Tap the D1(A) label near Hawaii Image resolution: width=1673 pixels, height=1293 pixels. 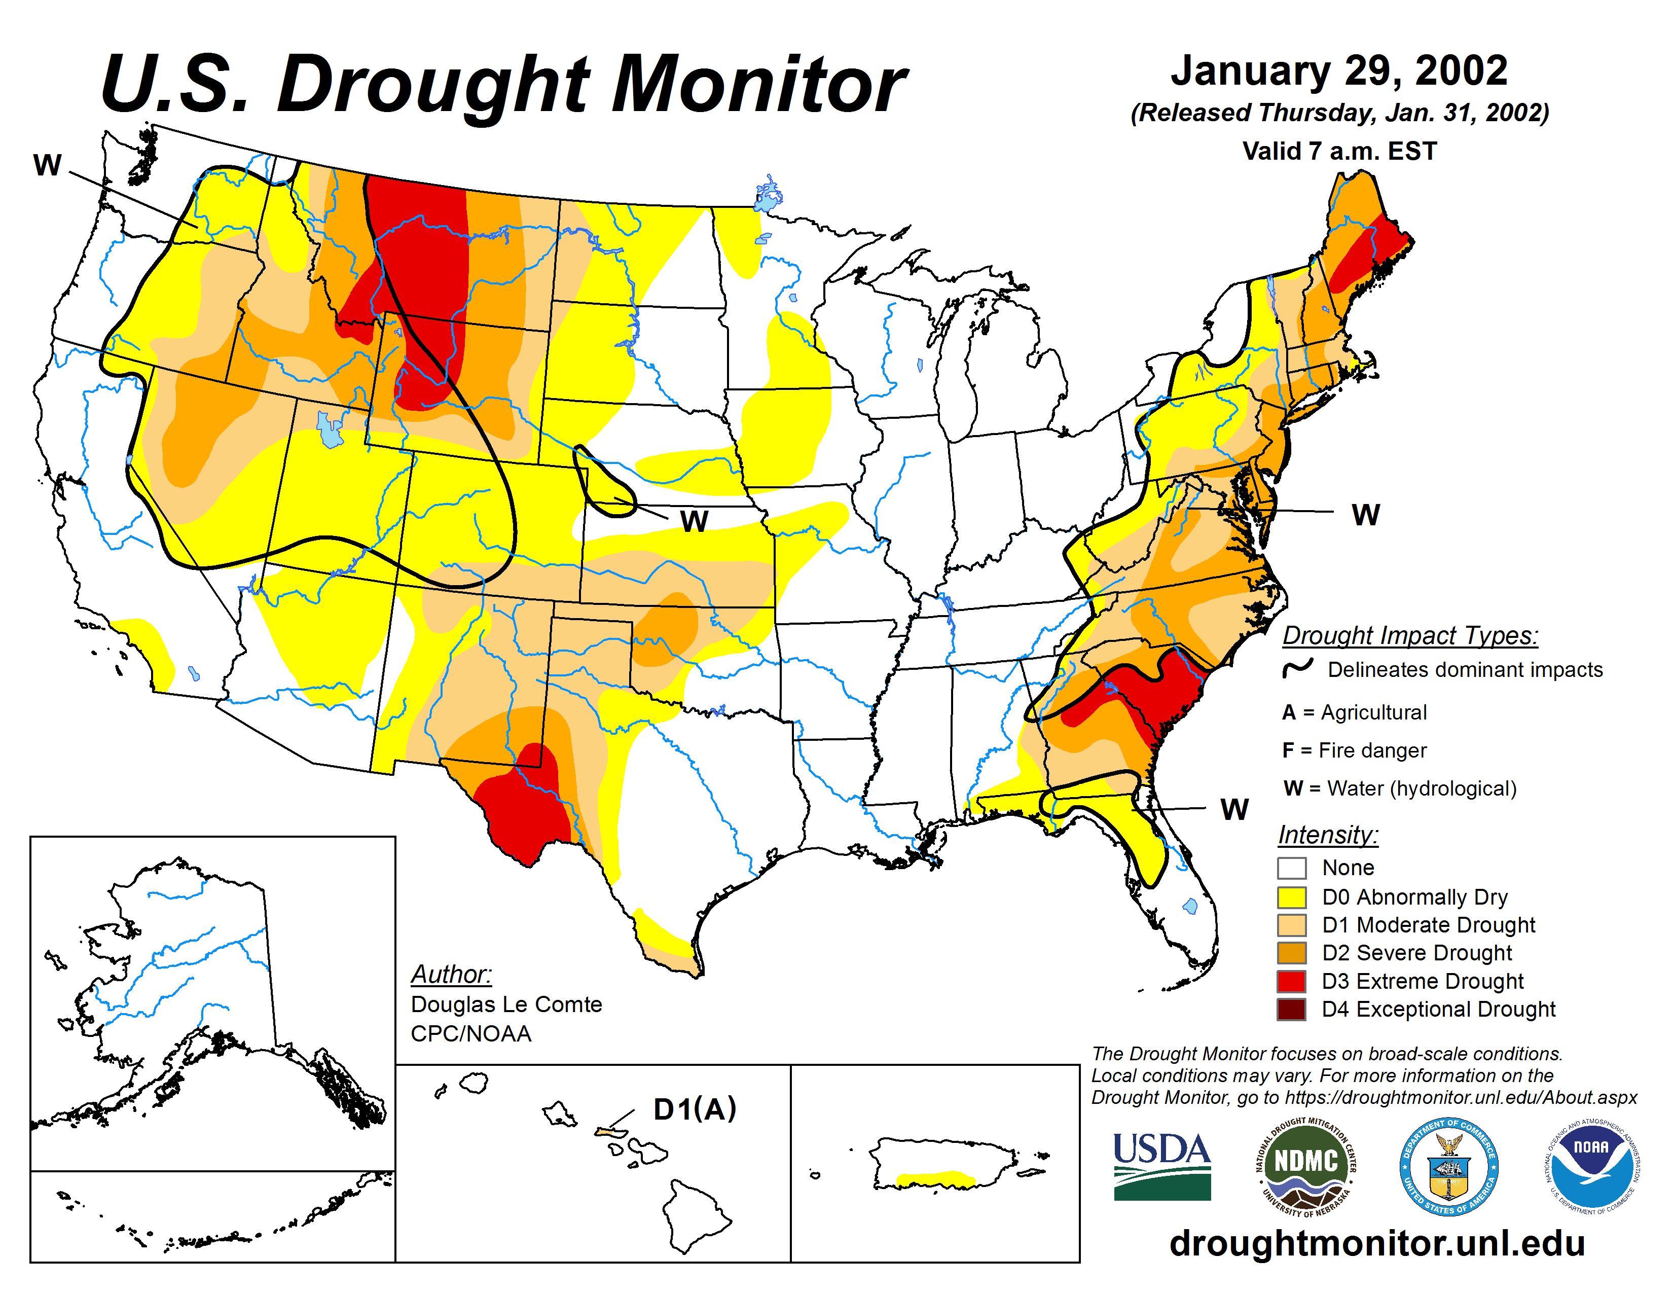694,1109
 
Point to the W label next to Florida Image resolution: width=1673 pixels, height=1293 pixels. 1234,809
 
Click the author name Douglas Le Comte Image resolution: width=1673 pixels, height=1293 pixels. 506,1004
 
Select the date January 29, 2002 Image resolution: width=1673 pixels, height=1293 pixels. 1339,70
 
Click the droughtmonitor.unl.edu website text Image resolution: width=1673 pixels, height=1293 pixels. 1376,1242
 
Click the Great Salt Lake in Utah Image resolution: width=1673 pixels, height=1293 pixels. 330,430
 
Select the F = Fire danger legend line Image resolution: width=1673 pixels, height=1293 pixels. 1354,750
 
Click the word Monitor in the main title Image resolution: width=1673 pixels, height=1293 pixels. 758,84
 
